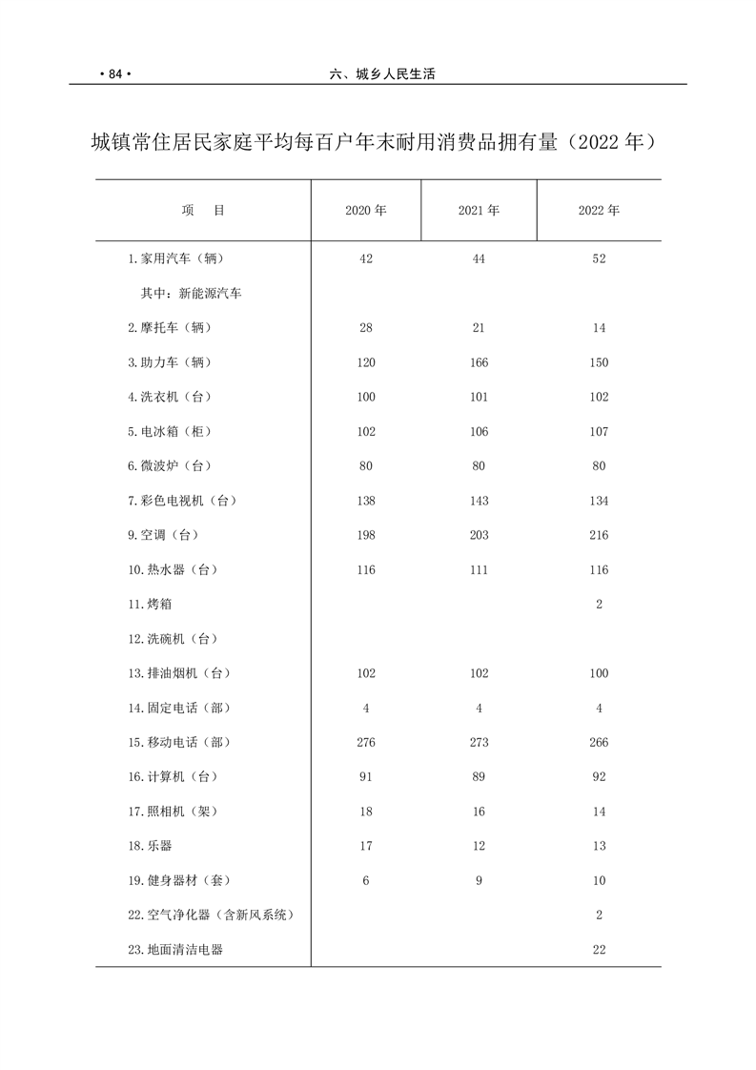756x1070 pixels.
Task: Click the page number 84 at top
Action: tap(112, 73)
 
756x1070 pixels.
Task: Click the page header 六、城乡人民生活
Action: tap(381, 73)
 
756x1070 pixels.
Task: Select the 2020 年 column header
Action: tap(366, 211)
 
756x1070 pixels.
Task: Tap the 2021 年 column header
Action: tap(479, 211)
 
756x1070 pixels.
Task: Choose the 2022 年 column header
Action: tap(599, 211)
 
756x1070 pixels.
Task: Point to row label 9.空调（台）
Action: tap(164, 535)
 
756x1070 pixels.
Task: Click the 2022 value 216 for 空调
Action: tap(599, 535)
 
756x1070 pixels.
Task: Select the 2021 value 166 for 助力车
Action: tap(479, 362)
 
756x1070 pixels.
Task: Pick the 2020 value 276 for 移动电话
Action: tap(366, 742)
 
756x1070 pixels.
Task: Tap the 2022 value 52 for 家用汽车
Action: tap(599, 259)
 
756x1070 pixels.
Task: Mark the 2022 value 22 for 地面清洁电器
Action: tap(599, 950)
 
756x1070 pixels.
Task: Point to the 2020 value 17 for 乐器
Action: tap(366, 846)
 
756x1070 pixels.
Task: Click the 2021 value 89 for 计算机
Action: tap(479, 777)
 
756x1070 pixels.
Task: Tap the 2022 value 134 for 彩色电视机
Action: tap(599, 501)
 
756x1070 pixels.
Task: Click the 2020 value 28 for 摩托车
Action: tap(366, 328)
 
